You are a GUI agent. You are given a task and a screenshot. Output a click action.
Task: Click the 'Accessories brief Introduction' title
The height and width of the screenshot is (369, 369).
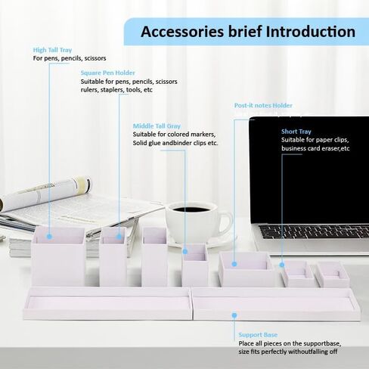click(x=248, y=32)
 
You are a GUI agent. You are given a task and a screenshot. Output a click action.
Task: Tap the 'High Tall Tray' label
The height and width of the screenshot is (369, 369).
click(x=52, y=50)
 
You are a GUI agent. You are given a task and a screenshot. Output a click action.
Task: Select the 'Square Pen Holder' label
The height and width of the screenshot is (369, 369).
click(x=108, y=73)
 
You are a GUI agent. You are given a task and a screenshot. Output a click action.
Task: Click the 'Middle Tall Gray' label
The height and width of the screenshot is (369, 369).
click(x=157, y=126)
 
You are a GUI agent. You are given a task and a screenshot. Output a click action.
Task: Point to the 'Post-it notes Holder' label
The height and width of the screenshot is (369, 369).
click(x=263, y=105)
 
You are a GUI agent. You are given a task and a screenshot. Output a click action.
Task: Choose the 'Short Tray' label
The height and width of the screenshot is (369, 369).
click(x=296, y=132)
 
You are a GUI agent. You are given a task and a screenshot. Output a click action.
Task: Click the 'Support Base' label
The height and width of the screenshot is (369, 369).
click(x=258, y=335)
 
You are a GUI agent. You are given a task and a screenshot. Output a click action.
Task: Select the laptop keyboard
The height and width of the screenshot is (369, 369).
click(x=315, y=231)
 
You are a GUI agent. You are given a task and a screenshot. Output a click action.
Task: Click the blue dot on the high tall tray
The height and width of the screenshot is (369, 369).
click(x=49, y=237)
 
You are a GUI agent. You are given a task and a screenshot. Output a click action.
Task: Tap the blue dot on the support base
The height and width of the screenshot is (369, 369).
click(x=234, y=315)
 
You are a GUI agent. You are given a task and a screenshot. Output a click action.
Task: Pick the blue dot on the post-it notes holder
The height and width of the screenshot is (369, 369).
click(x=234, y=264)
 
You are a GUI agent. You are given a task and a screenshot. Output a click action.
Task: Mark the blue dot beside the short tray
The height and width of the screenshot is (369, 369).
click(x=282, y=265)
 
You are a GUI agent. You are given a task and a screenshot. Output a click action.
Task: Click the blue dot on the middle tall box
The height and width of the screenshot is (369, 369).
click(x=185, y=251)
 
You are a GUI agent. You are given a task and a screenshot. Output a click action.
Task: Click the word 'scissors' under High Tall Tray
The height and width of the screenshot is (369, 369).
click(x=95, y=58)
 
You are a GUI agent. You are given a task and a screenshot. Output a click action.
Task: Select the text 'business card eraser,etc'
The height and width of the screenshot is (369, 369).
click(x=315, y=148)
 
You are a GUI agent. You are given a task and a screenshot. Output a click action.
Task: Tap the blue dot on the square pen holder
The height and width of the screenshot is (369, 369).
click(x=119, y=237)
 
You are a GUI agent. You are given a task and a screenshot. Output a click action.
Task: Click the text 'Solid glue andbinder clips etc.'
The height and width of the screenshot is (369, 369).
click(x=175, y=143)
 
